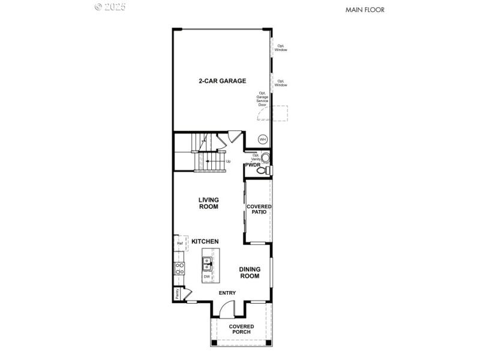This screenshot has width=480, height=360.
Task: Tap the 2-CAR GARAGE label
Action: [223, 81]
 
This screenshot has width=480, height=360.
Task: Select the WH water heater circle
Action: [262, 139]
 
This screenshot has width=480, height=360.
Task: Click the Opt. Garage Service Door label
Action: [262, 99]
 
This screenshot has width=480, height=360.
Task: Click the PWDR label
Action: [251, 165]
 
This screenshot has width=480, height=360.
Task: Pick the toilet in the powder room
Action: [262, 171]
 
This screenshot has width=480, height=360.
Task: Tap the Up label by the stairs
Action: [228, 161]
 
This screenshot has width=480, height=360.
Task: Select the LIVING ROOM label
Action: [209, 203]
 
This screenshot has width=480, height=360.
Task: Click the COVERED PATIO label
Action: [259, 209]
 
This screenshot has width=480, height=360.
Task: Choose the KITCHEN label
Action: [205, 241]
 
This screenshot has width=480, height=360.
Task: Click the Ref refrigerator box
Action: [179, 243]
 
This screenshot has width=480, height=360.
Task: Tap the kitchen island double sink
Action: [206, 261]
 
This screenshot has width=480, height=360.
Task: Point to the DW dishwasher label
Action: [206, 277]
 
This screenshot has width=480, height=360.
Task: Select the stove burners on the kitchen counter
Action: [178, 268]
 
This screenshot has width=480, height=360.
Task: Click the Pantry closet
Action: [178, 293]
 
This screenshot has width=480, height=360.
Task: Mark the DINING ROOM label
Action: [250, 273]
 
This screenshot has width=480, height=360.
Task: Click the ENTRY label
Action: [227, 293]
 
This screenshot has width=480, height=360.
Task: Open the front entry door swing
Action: [227, 310]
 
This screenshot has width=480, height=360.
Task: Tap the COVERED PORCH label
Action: [241, 329]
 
